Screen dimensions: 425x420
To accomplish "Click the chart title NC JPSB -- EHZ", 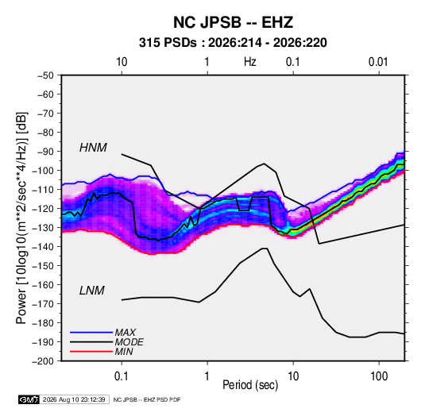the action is [x=233, y=22].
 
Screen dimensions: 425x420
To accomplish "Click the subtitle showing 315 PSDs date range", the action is [x=233, y=43].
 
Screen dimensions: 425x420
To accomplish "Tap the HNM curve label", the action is [x=93, y=148].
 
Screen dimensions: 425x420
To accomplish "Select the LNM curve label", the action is [x=92, y=291].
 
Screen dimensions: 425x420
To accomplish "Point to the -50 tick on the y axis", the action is [x=45, y=75].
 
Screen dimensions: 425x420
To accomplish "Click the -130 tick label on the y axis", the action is [x=44, y=228].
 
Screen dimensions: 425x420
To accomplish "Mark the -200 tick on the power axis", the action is [x=44, y=361].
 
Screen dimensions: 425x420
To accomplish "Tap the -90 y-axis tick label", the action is [x=45, y=152].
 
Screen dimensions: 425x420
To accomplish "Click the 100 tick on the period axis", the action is [x=379, y=376].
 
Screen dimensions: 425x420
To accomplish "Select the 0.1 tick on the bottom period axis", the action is [x=122, y=376].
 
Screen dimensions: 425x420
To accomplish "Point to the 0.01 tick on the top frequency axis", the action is [x=378, y=62].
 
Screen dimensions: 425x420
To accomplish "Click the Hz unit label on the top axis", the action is [x=250, y=62].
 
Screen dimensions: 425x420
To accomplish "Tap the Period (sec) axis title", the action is [x=250, y=385].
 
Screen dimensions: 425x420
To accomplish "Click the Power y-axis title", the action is [x=21, y=218].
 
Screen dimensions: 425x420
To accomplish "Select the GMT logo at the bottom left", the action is [x=29, y=399].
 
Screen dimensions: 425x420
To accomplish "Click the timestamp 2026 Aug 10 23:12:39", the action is [x=74, y=399].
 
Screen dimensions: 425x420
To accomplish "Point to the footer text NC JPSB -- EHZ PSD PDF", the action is [x=147, y=399].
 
